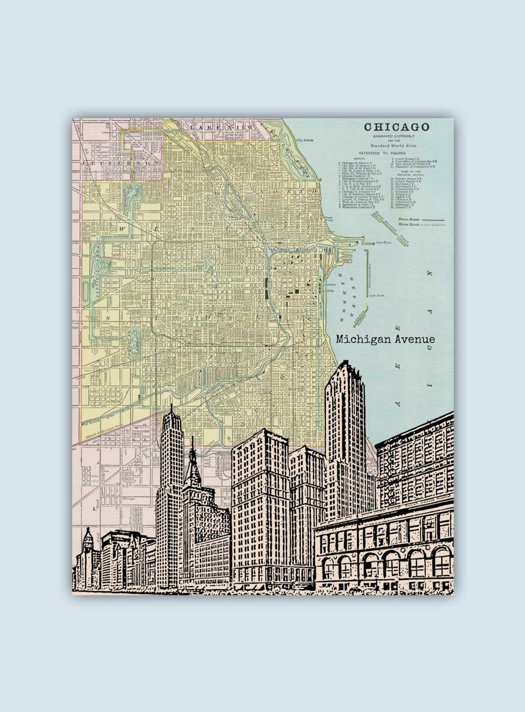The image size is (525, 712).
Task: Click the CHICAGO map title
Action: point(396,127)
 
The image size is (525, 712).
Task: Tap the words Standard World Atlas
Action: point(394,145)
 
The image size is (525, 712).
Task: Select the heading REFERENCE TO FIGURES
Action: point(383,153)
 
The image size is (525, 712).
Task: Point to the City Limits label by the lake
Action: point(304,140)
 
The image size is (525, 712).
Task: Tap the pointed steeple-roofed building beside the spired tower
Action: point(192,463)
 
